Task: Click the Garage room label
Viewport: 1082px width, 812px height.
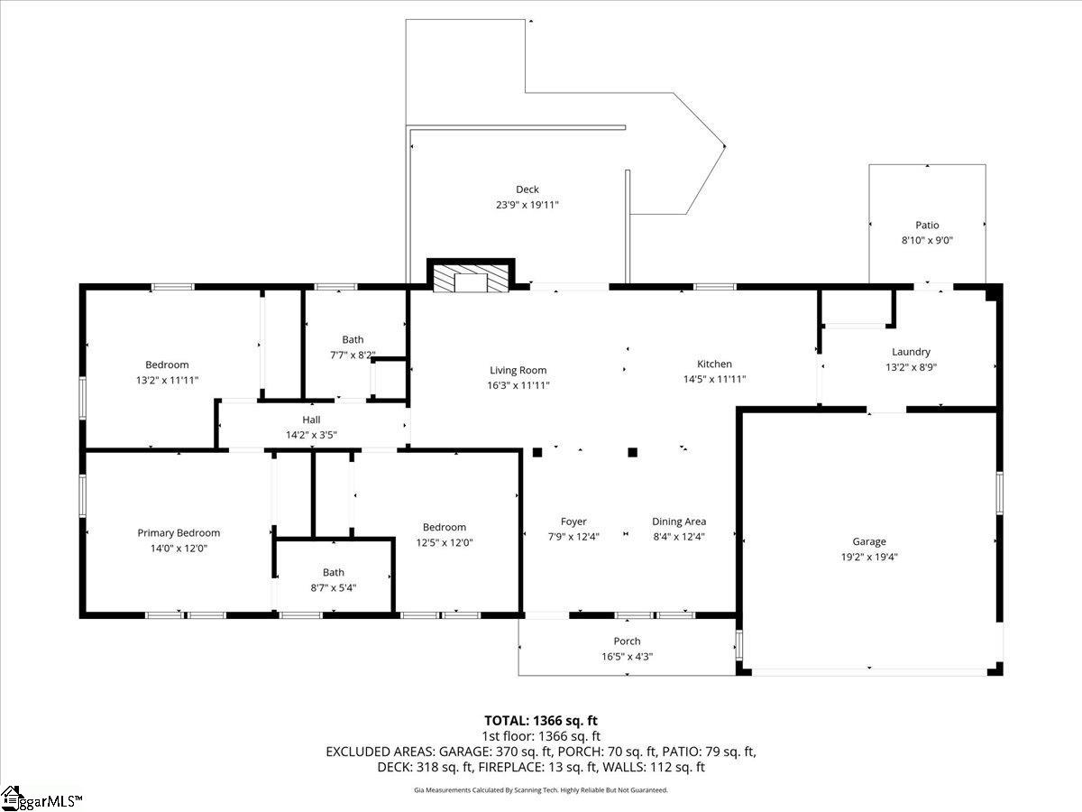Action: (869, 541)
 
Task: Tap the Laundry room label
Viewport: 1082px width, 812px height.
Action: (911, 352)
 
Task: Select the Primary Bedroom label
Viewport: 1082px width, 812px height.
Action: (179, 533)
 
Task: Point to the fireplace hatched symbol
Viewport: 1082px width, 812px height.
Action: (471, 280)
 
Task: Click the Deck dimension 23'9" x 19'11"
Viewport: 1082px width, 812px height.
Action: (527, 205)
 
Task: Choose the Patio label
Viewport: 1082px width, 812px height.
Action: (927, 225)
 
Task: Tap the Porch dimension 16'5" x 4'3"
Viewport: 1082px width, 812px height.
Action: (627, 656)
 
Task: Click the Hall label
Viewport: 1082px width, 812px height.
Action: (311, 420)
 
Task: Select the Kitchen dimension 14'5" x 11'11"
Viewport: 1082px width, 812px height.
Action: (714, 379)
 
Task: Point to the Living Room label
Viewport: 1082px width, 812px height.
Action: (518, 370)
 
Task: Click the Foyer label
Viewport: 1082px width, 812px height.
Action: (573, 521)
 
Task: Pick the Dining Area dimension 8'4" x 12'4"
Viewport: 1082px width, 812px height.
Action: (679, 537)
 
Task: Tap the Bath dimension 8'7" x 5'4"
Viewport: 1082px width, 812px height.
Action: (334, 587)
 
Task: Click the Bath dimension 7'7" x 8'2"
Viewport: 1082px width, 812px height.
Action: (353, 355)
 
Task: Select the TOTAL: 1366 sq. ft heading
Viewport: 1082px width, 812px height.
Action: (541, 721)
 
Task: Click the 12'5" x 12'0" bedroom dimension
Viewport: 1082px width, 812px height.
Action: (445, 542)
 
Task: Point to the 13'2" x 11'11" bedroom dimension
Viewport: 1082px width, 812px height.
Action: (167, 380)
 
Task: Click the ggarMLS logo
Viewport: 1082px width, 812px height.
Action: (41, 799)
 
